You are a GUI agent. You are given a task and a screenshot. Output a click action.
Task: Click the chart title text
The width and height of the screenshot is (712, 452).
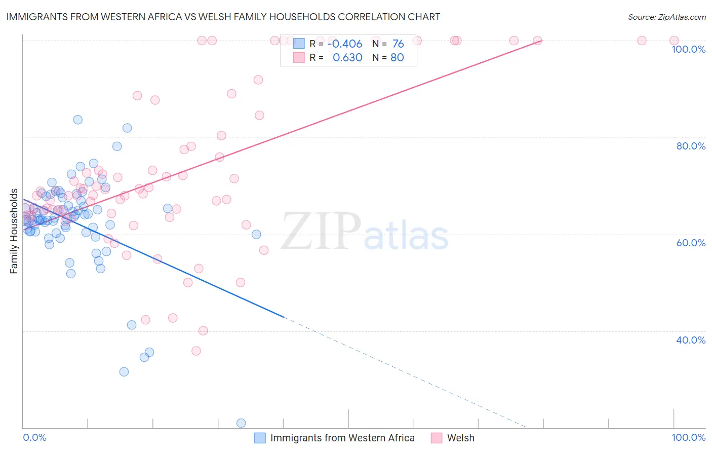[x=223, y=17]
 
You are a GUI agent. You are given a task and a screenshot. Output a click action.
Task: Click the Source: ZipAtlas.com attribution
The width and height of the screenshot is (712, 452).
[x=666, y=17]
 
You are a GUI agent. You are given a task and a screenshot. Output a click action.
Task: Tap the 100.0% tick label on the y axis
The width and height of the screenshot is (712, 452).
[x=688, y=49]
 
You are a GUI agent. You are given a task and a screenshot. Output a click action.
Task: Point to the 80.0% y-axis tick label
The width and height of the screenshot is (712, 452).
[x=691, y=146]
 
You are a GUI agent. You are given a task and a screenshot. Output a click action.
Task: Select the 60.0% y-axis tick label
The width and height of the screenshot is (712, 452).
[x=691, y=243]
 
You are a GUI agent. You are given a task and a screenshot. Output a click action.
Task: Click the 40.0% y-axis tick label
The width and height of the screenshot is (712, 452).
[x=691, y=340]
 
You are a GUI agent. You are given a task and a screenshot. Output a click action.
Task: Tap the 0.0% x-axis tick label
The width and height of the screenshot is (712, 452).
[x=34, y=437]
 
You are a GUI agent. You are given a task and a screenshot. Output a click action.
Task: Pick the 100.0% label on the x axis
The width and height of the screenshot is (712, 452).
[x=688, y=437]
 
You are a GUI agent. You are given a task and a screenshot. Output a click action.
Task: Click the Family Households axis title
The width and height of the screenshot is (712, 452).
[x=14, y=231]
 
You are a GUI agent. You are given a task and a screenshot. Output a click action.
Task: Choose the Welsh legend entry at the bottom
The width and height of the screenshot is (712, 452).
[x=460, y=438]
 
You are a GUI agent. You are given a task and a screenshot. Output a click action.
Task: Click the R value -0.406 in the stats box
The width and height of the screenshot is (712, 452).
[x=345, y=44]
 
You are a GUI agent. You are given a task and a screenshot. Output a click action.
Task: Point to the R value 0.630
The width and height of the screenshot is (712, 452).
[x=347, y=58]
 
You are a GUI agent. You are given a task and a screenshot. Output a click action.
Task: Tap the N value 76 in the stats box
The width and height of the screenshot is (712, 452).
[x=398, y=44]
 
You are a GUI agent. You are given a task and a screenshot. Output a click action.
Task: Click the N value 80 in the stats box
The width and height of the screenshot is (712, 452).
[x=397, y=58]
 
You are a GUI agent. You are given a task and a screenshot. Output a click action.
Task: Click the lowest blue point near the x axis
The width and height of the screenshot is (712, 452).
[x=241, y=423]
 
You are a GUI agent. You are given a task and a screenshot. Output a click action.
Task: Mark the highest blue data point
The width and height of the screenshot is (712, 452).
[x=77, y=120]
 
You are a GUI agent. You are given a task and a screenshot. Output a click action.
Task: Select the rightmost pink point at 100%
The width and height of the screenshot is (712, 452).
[x=674, y=41]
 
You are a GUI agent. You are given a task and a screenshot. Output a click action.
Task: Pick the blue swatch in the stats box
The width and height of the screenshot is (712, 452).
[x=299, y=44]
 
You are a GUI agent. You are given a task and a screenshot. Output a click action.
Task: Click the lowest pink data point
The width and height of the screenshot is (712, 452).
[x=196, y=351]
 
